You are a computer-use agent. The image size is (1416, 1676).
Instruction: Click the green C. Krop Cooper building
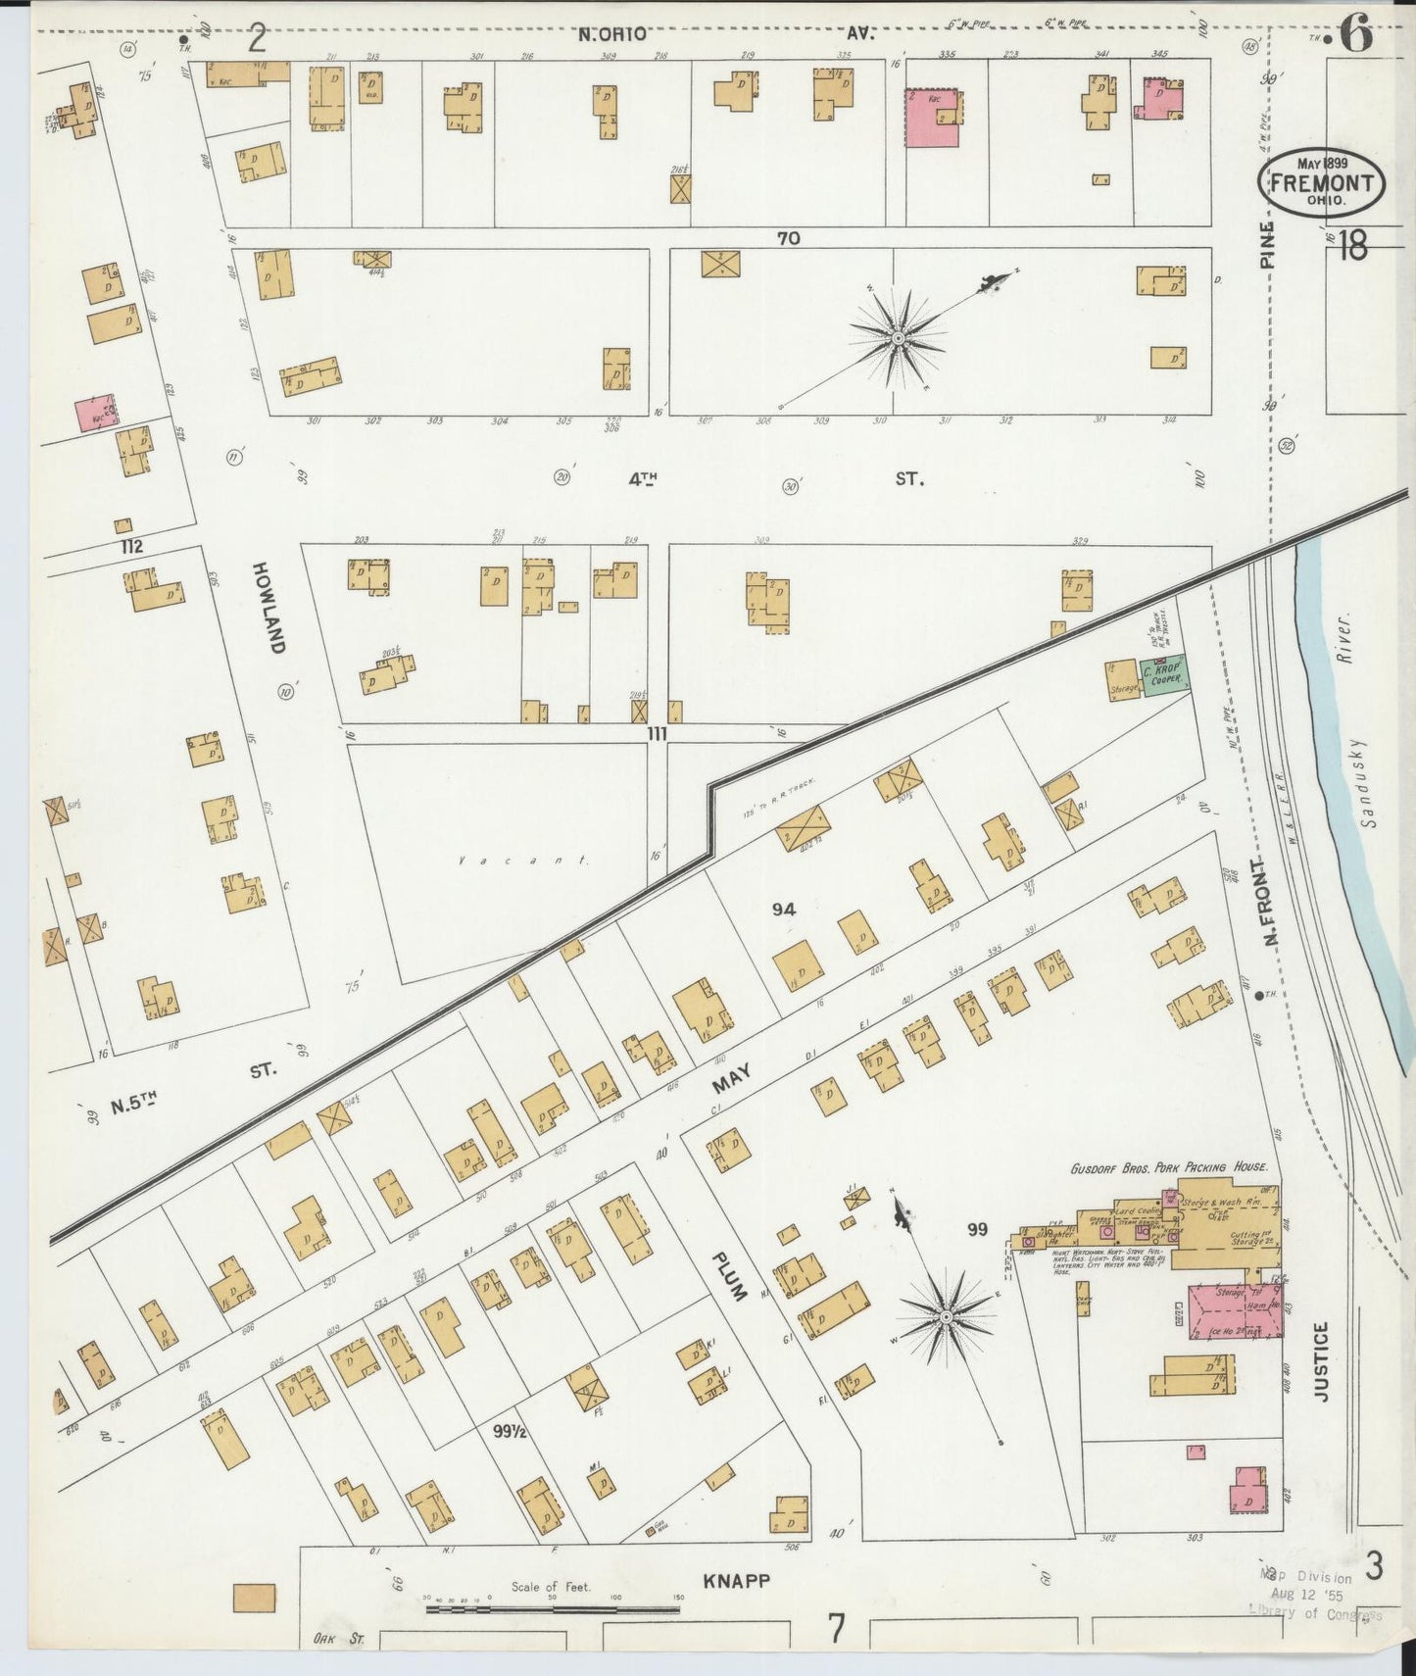click(1163, 675)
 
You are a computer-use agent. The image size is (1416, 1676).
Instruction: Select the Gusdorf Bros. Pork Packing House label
click(1168, 1167)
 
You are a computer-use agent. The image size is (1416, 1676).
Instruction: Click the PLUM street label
click(729, 1275)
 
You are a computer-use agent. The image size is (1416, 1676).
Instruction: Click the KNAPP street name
click(737, 1580)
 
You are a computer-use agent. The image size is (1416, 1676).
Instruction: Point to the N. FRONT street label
click(1271, 904)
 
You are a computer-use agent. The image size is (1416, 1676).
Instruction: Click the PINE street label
click(1267, 244)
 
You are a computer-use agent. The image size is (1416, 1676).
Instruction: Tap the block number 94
click(783, 909)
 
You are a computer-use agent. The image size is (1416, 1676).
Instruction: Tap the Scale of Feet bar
click(554, 1608)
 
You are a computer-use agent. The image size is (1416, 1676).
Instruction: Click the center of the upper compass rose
click(897, 338)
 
